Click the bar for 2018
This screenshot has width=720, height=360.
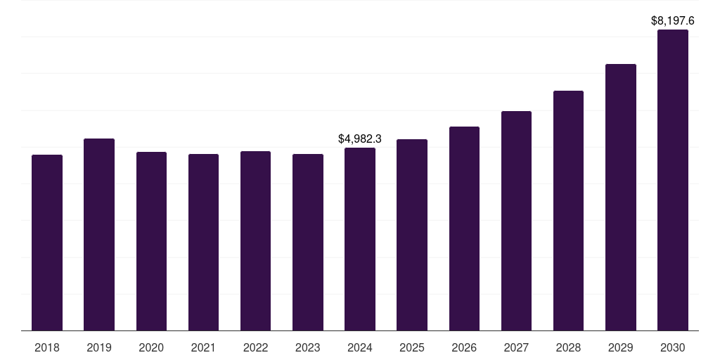(47, 243)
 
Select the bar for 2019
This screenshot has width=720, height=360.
(99, 235)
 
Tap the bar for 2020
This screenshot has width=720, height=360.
(151, 241)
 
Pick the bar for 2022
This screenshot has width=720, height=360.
(255, 241)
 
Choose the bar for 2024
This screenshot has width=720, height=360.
(360, 239)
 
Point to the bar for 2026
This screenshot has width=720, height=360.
(464, 229)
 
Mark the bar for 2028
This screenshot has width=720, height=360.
(568, 211)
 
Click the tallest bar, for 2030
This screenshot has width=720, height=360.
(673, 180)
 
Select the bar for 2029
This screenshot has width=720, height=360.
(621, 198)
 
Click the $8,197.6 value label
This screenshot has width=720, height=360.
(673, 21)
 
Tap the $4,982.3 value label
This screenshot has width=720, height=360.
(360, 139)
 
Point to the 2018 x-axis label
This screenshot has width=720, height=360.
(47, 348)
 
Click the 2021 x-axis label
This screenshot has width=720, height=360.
(203, 348)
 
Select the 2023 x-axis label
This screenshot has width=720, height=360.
(307, 348)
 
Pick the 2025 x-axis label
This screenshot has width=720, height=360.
(412, 348)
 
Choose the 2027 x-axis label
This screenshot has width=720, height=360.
(516, 348)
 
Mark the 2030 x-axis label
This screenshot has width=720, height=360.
(673, 348)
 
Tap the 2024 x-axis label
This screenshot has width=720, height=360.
(360, 348)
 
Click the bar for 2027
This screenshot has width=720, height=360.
(516, 221)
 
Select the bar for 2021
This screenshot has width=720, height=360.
(203, 243)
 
